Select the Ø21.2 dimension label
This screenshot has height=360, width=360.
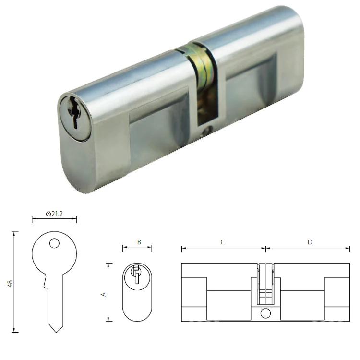[54, 214]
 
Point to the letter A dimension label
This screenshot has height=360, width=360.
[103, 293]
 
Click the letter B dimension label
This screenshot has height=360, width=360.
[138, 242]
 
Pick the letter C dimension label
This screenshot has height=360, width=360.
[223, 242]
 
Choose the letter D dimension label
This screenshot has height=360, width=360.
[310, 242]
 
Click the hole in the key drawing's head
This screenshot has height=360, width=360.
[54, 244]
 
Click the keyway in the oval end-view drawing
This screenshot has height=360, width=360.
[136, 274]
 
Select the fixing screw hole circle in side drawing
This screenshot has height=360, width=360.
[265, 314]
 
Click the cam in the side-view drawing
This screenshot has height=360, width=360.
[265, 283]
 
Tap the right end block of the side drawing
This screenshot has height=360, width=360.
[337, 293]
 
